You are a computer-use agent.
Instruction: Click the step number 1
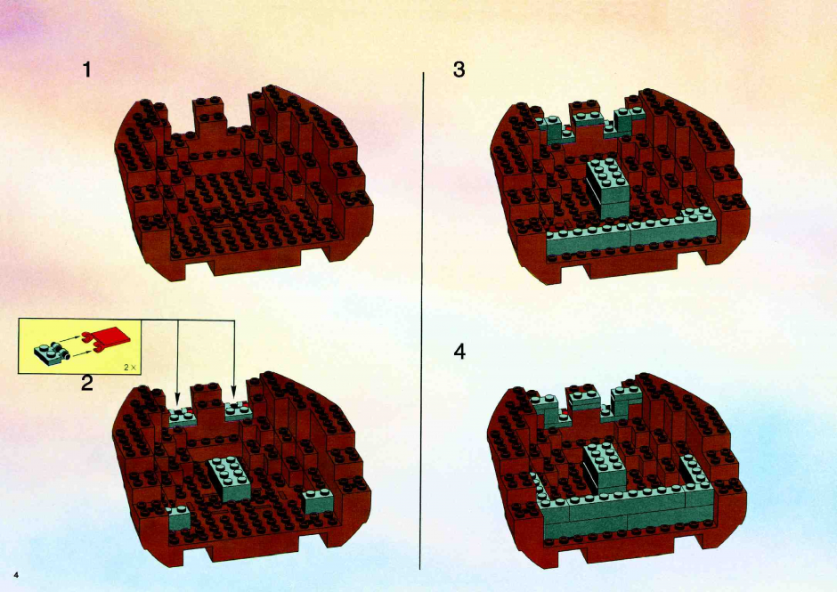pyautogui.click(x=87, y=70)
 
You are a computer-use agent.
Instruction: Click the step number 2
pyautogui.click(x=87, y=383)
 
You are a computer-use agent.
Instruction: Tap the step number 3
pyautogui.click(x=459, y=70)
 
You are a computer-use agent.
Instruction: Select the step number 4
pyautogui.click(x=459, y=352)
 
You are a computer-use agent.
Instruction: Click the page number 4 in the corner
pyautogui.click(x=17, y=575)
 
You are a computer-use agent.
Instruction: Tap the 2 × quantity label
pyautogui.click(x=130, y=368)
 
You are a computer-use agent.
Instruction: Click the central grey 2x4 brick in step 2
pyautogui.click(x=230, y=478)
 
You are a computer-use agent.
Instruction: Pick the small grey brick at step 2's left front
pyautogui.click(x=179, y=517)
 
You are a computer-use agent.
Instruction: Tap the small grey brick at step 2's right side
pyautogui.click(x=318, y=500)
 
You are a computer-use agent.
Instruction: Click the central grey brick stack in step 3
pyautogui.click(x=607, y=188)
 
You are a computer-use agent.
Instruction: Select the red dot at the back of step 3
pyautogui.click(x=569, y=129)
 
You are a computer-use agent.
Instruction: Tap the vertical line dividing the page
pyautogui.click(x=422, y=320)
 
